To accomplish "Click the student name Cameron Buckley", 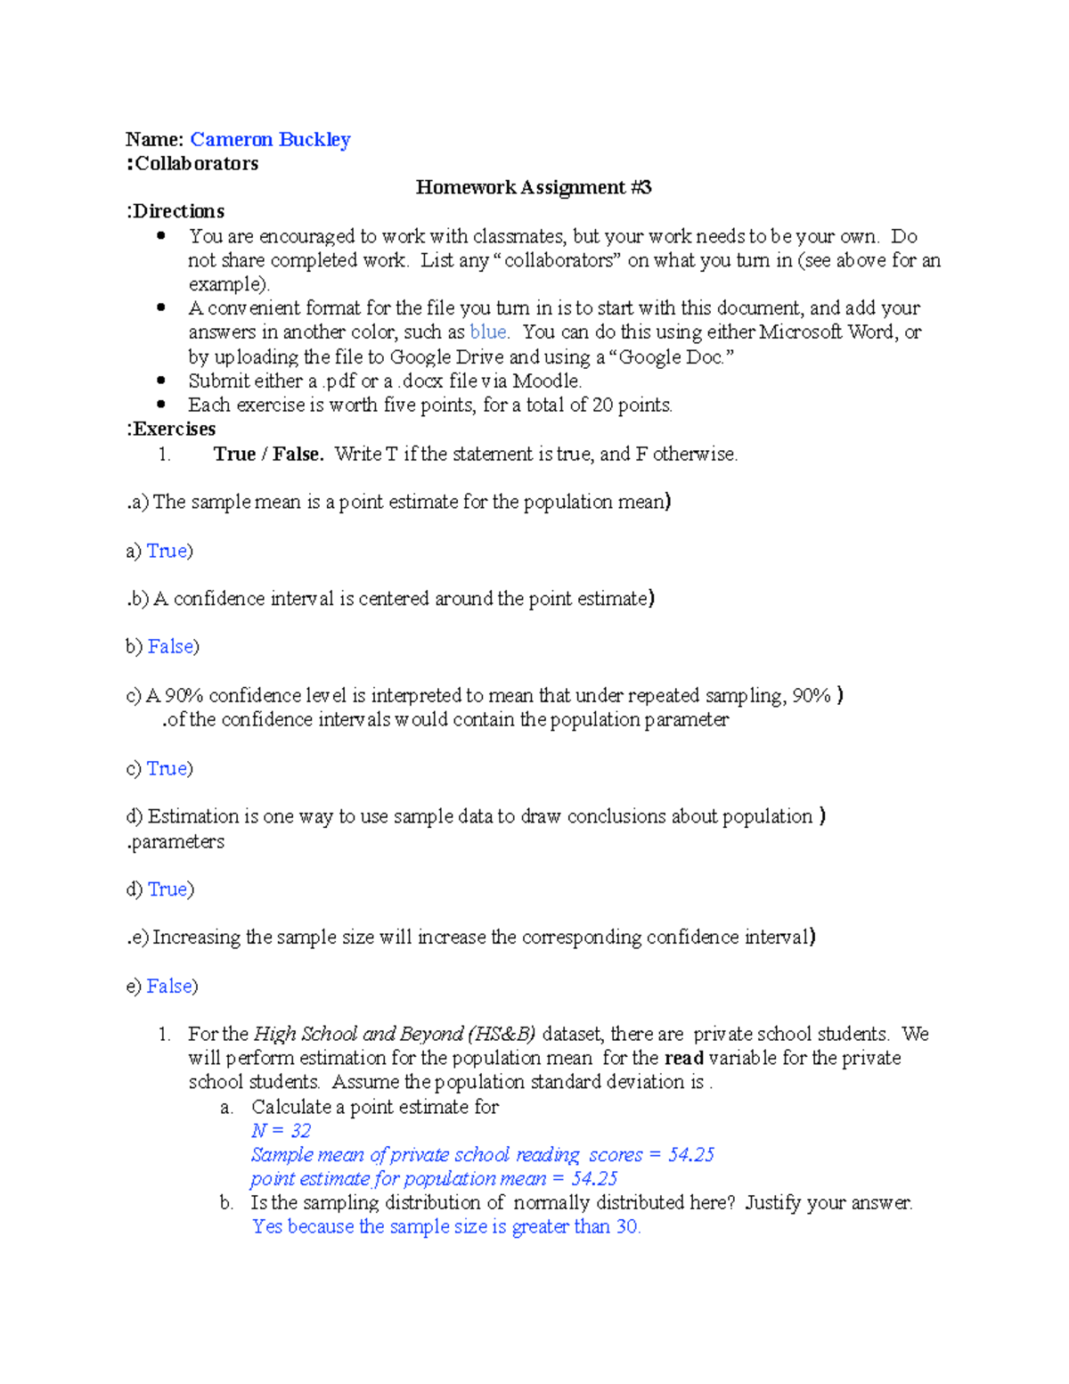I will (270, 139).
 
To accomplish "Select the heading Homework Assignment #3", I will (533, 187).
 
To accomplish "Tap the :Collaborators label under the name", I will (192, 163).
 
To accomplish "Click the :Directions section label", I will (175, 211).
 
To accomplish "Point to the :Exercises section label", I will (171, 429).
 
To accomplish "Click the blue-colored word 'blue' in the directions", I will (488, 332).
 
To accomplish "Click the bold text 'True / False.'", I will (268, 454).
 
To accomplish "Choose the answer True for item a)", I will (167, 551).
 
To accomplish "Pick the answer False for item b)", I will (170, 646).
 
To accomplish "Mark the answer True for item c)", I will (167, 768).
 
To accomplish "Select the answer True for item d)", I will (167, 889).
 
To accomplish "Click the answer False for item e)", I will (169, 986).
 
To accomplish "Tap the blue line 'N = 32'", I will (281, 1131).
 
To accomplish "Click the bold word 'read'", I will (684, 1058).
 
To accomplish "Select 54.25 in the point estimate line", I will (594, 1179).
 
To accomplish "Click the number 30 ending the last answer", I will (627, 1227).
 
